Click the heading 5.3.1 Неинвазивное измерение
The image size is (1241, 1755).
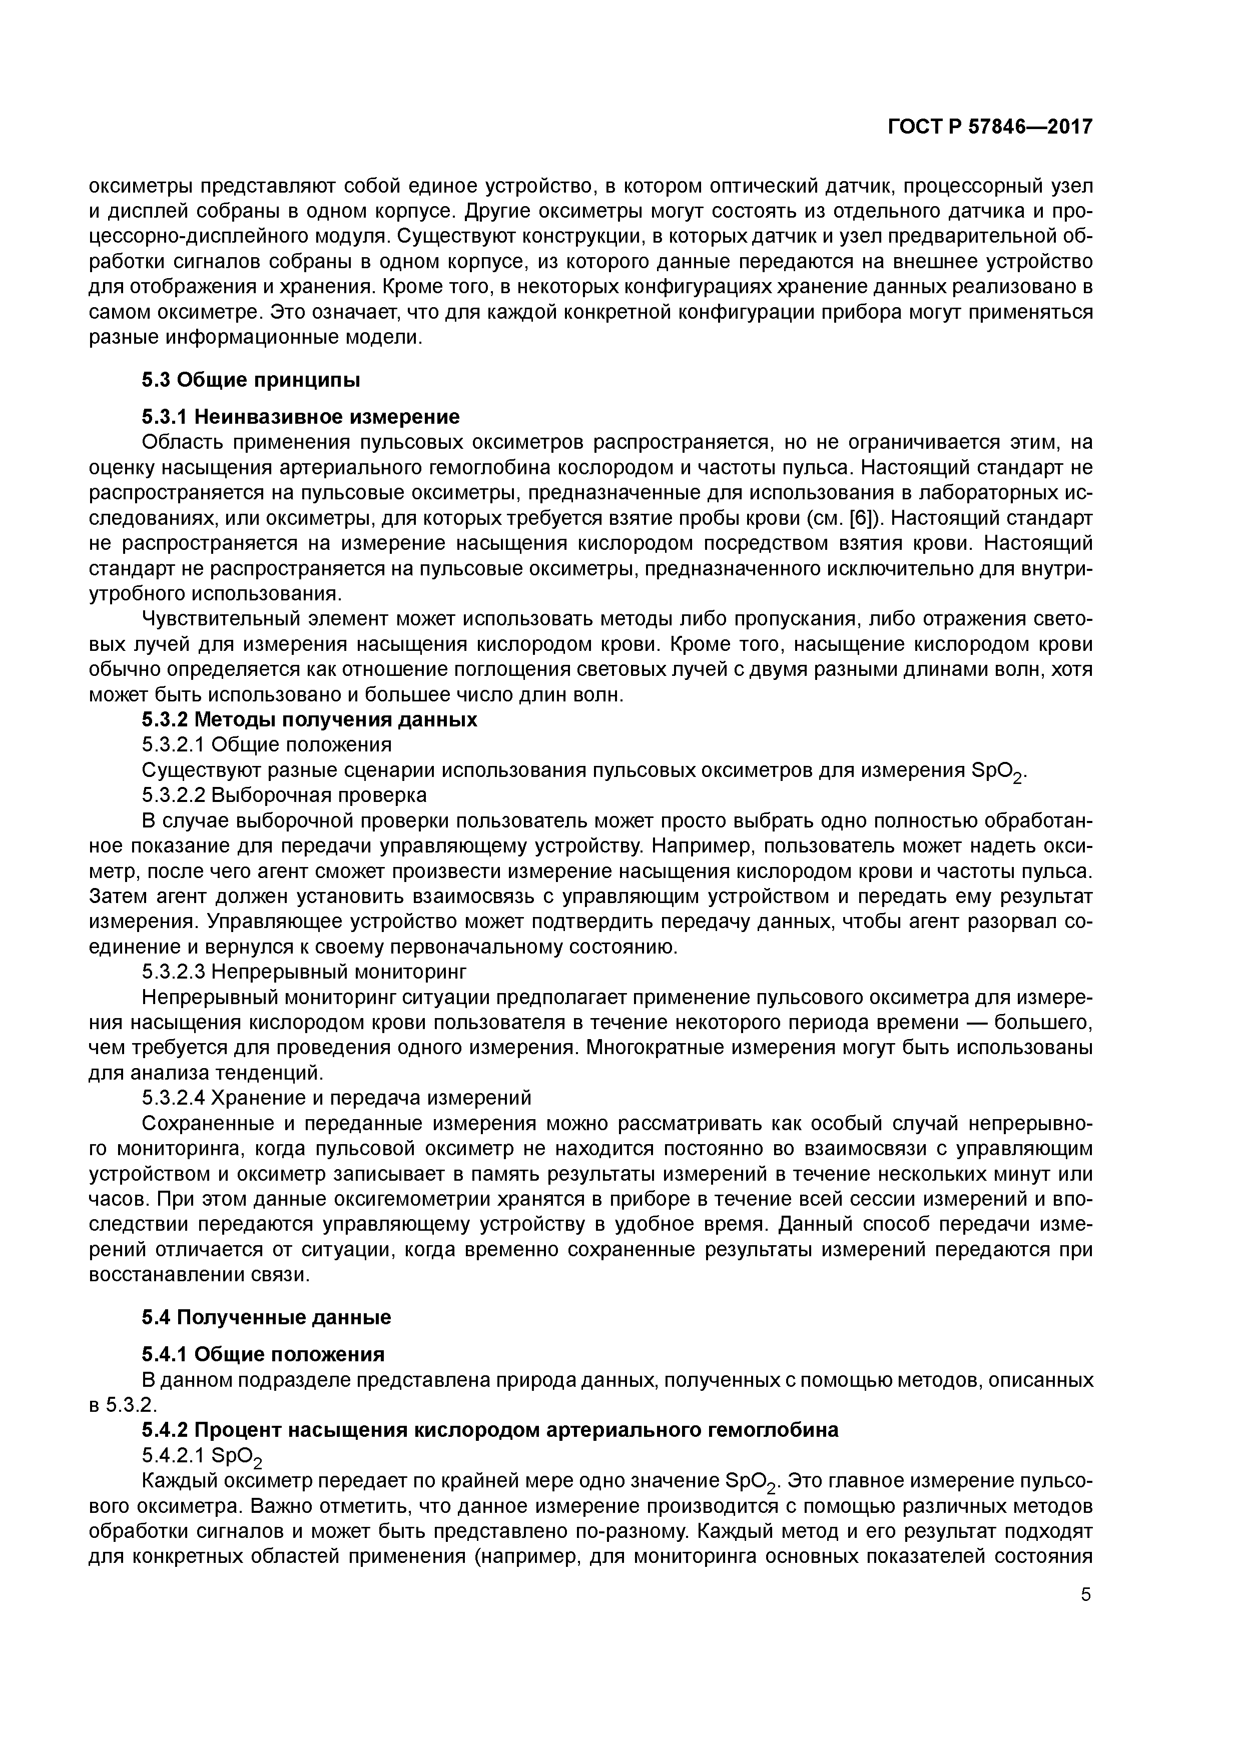301,417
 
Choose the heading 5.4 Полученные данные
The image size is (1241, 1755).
266,1317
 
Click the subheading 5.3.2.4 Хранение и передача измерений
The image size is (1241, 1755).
336,1098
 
